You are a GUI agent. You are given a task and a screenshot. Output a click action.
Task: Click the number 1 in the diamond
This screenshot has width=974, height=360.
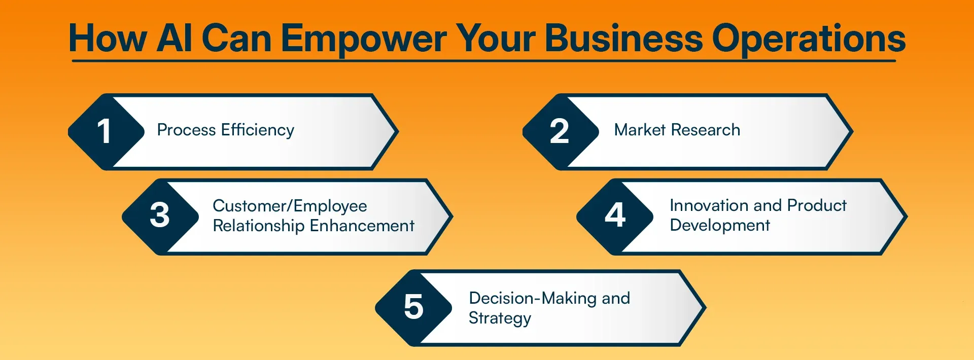coord(104,131)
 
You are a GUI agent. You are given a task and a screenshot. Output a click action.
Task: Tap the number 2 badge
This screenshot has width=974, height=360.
coord(559,131)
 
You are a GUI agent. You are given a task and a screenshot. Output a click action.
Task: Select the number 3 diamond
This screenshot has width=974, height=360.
coord(159,215)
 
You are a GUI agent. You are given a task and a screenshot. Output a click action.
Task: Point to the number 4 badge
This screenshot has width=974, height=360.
coord(615,215)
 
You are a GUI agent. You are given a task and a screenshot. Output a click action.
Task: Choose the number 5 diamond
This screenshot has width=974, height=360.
coord(413,307)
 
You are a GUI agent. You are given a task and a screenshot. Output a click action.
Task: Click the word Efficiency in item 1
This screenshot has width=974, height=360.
coord(258,130)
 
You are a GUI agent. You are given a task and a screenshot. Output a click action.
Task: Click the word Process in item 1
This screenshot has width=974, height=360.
coord(186,130)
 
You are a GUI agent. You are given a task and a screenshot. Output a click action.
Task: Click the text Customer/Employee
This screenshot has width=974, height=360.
coord(290,206)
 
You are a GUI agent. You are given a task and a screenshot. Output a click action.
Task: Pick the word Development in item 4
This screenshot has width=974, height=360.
coord(720,226)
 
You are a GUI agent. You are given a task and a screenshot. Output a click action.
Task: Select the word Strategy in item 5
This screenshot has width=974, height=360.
coord(500,318)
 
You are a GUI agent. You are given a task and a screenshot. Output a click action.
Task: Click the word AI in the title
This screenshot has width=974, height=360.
coord(174,39)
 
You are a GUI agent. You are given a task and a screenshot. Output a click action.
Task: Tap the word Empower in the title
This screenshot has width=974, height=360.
coord(364,39)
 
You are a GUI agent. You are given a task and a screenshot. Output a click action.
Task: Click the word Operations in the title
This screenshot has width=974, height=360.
coord(809,39)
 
